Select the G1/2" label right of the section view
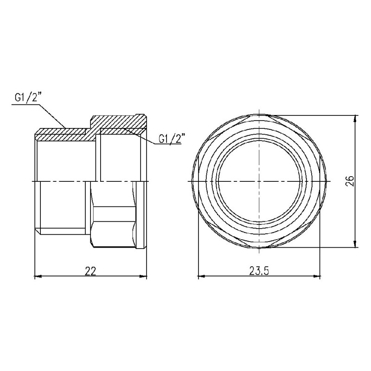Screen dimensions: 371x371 172,139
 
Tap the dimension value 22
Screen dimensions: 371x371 91,271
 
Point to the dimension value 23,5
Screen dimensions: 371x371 259,271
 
